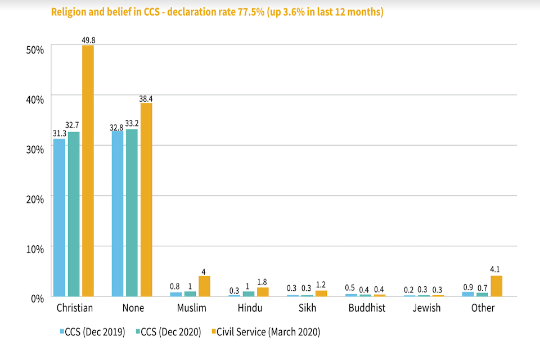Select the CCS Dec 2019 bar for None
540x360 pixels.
[x=118, y=214]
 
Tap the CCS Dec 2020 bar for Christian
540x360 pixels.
[x=74, y=214]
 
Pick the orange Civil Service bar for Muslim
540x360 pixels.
[x=204, y=286]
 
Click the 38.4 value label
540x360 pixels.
[x=146, y=98]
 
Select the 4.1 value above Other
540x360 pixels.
[x=496, y=270]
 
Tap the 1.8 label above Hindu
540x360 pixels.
[x=263, y=282]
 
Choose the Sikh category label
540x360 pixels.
[x=307, y=308]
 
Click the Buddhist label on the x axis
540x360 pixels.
[x=367, y=308]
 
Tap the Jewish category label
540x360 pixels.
[x=425, y=308]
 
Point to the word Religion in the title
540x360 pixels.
[x=69, y=11]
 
